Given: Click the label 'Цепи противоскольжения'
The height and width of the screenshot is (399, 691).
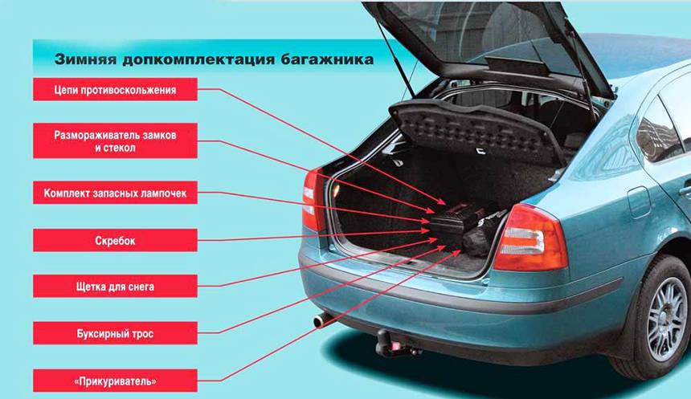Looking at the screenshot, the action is click(115, 89).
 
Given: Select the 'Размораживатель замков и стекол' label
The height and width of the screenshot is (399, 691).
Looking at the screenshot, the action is click(115, 141).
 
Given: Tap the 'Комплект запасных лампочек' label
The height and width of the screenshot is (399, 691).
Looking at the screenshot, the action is click(115, 193).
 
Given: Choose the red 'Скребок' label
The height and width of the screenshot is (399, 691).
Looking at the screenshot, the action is click(115, 241).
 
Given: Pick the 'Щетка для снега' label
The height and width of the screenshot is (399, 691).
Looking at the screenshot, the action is click(115, 287).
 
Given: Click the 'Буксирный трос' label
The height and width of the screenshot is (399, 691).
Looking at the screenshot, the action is click(115, 333).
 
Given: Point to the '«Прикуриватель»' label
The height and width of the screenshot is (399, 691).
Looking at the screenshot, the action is click(115, 381).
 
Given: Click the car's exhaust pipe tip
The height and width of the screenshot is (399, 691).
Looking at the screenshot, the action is click(321, 321).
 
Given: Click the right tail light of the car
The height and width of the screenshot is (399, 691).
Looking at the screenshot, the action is click(530, 240).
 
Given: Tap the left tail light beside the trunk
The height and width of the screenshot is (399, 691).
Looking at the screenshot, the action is click(313, 201).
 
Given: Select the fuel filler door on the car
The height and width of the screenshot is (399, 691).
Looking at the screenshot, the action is click(638, 202).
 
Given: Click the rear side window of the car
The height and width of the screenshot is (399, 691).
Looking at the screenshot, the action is click(660, 128).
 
